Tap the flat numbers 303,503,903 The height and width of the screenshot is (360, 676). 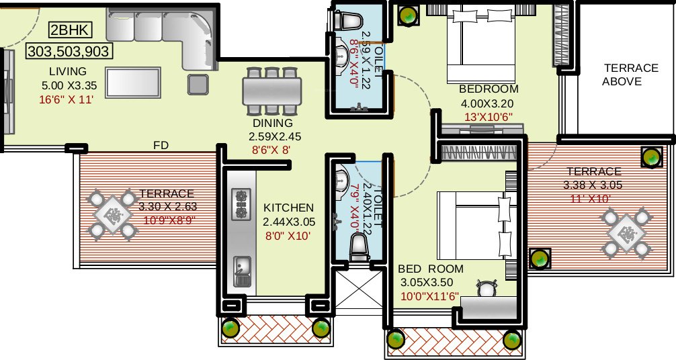pos(68,51)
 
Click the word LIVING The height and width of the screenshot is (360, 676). pos(67,71)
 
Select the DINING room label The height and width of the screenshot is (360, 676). pos(272,123)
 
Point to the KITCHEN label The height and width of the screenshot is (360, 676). pos(288,208)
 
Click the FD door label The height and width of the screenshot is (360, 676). pos(161,145)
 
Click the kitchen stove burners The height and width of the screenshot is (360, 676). pos(240,204)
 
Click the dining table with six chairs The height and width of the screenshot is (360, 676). pos(272,89)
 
